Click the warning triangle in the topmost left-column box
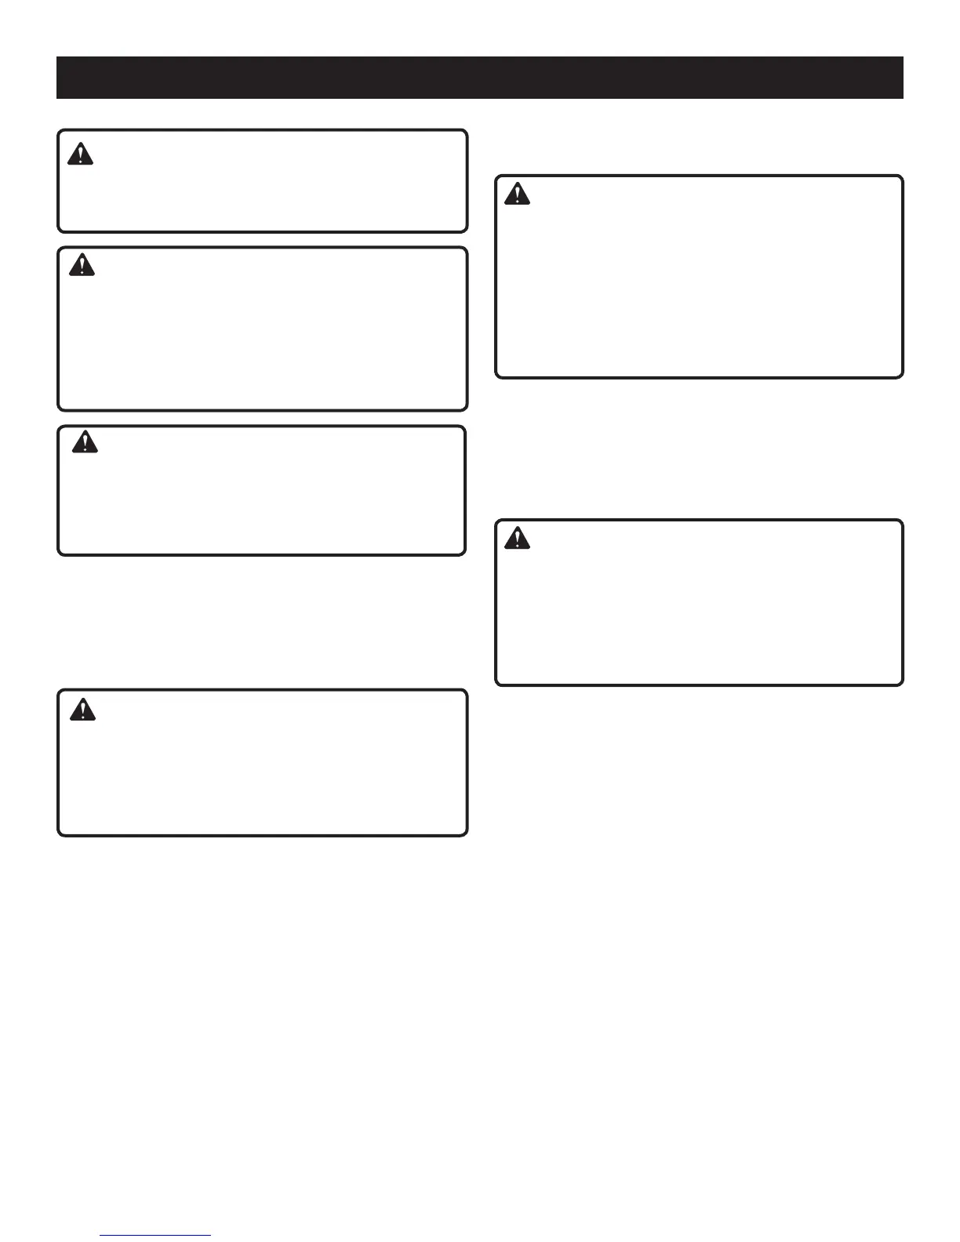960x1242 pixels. pos(80,154)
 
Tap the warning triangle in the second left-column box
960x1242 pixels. pos(82,265)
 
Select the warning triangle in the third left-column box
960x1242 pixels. pos(85,443)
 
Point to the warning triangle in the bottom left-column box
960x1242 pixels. pos(82,710)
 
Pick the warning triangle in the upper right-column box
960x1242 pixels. pos(517,194)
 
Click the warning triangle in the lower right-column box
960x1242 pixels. pos(517,538)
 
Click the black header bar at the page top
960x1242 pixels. pos(480,78)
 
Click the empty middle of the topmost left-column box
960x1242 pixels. pos(263,181)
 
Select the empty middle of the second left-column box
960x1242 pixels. pos(263,329)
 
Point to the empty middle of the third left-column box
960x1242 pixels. pos(262,491)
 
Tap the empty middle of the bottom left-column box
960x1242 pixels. pos(263,763)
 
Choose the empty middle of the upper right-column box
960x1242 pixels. pos(699,277)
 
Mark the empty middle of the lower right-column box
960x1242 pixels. pos(699,602)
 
